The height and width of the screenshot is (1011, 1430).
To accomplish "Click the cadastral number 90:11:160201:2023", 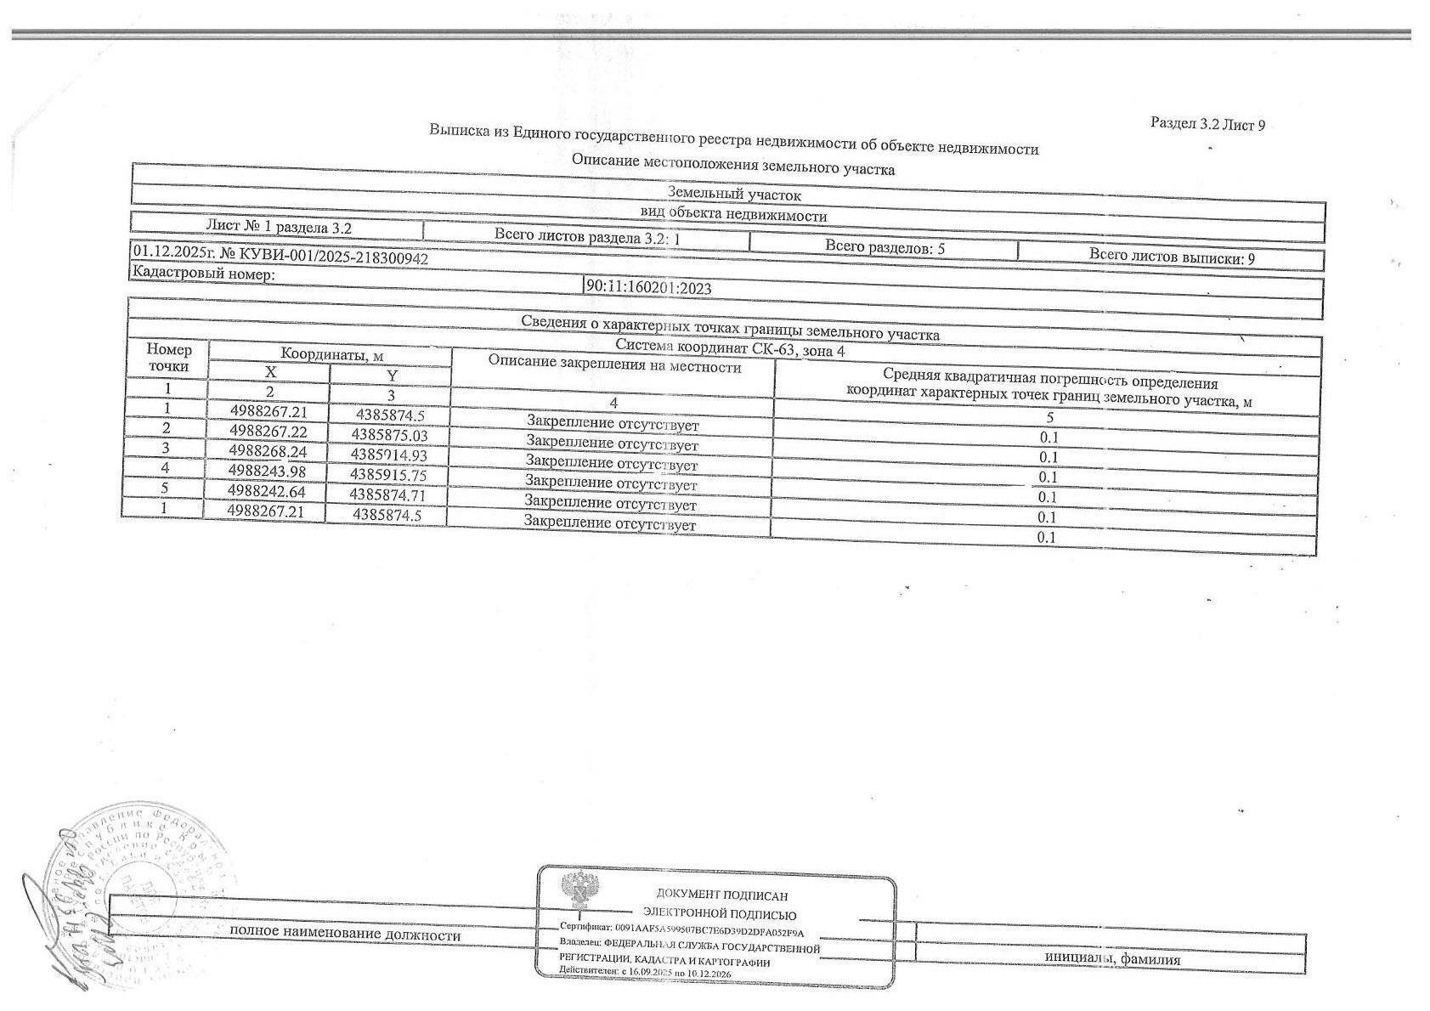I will (x=648, y=287).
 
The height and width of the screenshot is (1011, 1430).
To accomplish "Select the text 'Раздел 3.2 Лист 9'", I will (x=1207, y=124).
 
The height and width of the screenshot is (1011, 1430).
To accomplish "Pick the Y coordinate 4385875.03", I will (x=389, y=434).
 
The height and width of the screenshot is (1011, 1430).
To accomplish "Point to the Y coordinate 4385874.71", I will (x=387, y=494).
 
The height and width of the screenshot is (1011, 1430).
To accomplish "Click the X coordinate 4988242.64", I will (x=266, y=491).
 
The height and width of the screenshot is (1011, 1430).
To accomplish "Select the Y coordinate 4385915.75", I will (x=388, y=475).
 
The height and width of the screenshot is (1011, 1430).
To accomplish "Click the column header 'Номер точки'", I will (x=169, y=358).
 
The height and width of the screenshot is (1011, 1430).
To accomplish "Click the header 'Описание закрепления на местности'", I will (x=614, y=366).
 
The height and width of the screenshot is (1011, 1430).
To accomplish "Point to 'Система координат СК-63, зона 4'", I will (x=730, y=348).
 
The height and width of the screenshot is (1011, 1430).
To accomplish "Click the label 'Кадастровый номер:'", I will (x=202, y=274).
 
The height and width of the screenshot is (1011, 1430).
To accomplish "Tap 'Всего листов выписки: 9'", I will (x=1171, y=257).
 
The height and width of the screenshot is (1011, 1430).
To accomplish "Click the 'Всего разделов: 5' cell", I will (x=885, y=248).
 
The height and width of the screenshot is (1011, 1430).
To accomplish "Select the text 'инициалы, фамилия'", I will (x=1112, y=959).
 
